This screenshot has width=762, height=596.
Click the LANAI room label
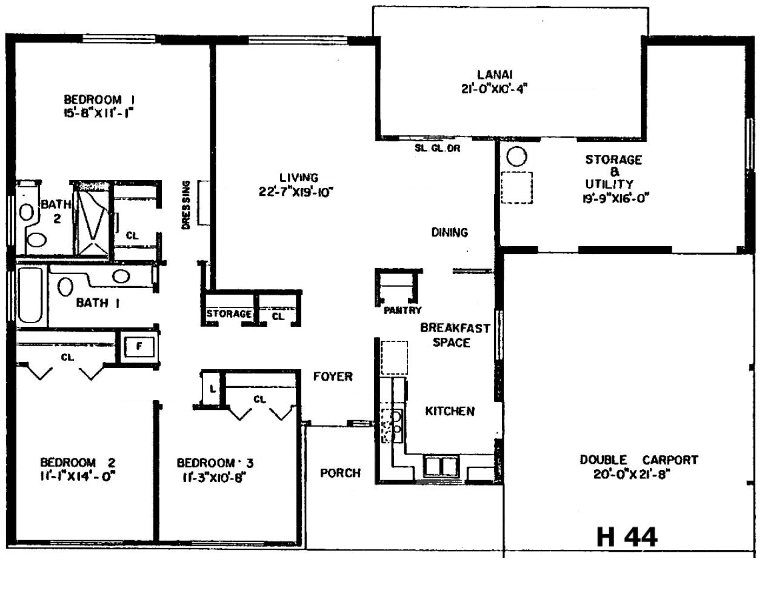(495, 75)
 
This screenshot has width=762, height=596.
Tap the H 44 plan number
(627, 537)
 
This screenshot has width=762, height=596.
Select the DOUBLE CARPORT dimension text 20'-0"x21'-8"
(632, 474)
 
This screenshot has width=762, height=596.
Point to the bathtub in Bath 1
(30, 295)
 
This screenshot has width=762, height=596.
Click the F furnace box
(139, 347)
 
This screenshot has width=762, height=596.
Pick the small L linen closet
(212, 389)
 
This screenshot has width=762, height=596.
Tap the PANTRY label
(403, 310)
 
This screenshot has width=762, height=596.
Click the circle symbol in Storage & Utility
(516, 156)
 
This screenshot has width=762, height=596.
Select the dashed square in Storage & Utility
(516, 187)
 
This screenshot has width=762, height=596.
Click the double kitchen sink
(441, 466)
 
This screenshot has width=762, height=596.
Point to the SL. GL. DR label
(437, 149)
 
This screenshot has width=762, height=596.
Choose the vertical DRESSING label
(186, 205)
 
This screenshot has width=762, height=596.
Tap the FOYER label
(333, 377)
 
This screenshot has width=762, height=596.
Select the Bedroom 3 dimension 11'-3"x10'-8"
(213, 477)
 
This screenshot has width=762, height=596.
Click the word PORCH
(340, 473)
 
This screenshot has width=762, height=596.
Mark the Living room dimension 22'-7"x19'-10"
(296, 192)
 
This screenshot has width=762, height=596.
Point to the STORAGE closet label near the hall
(229, 313)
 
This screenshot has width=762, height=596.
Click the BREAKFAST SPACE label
(455, 335)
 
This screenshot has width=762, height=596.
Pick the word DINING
(450, 232)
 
